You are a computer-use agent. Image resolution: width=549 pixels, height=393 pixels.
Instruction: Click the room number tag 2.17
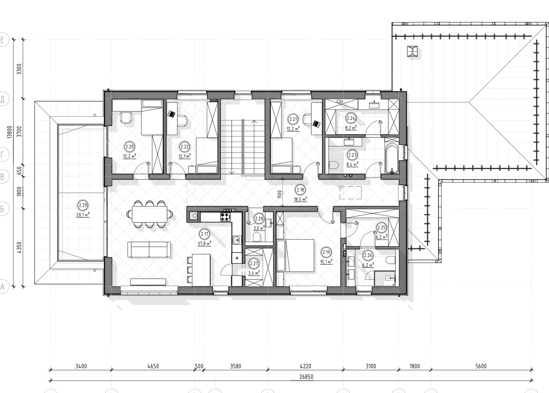tap(204, 234)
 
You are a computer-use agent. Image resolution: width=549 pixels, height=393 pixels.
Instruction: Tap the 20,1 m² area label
tap(83, 215)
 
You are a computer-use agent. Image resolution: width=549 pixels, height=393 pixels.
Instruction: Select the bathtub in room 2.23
tap(392, 159)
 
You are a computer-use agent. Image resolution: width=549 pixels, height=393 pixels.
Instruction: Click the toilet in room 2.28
tap(256, 237)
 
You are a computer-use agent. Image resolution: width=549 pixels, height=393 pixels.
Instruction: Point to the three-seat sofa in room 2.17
tap(149, 249)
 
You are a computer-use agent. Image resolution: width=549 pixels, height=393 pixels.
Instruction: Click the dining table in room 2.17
tap(150, 214)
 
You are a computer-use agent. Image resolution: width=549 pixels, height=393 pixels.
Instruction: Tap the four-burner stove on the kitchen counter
tap(226, 217)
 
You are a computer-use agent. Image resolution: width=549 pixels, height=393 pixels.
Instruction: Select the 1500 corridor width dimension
tap(280, 194)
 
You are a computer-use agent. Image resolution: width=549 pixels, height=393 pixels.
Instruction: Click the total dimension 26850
tap(306, 377)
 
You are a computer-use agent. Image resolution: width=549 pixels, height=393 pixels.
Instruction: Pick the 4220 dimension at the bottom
tap(306, 366)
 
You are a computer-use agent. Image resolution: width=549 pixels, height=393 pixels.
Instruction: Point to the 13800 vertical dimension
tap(10, 132)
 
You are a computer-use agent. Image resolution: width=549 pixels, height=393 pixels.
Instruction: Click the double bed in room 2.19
tap(296, 255)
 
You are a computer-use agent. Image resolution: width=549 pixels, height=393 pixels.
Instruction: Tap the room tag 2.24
tap(351, 118)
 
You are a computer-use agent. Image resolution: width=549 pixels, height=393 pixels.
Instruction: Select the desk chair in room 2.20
tap(126, 118)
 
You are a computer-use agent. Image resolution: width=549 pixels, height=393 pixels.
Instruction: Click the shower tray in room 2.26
tap(384, 279)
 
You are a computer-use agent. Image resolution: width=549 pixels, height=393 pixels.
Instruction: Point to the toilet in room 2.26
tap(391, 260)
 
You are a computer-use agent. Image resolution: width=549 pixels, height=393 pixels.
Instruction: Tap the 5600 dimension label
tap(481, 366)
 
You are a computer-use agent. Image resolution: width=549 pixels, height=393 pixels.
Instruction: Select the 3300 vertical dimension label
tap(19, 69)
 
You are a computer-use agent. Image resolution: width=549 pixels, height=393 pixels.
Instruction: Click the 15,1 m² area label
tap(326, 262)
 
